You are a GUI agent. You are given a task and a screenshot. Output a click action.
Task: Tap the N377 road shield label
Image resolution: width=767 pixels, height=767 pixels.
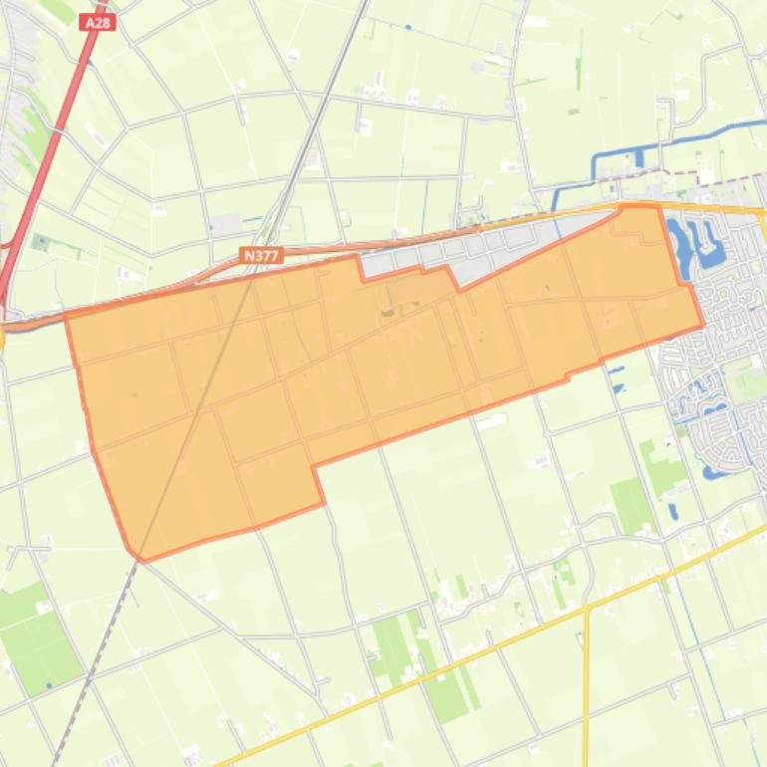pyautogui.click(x=261, y=256)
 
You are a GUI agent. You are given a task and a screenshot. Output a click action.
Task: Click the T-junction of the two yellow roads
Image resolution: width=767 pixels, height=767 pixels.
pyautogui.click(x=587, y=607)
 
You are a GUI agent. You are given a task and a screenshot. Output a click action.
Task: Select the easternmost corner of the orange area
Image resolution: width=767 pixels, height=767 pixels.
pyautogui.click(x=703, y=325)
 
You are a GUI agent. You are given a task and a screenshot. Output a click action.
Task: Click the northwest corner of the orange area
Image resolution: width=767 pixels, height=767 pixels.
pyautogui.click(x=66, y=315)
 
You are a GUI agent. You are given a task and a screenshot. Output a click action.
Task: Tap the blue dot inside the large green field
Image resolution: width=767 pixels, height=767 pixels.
pyautogui.click(x=49, y=685)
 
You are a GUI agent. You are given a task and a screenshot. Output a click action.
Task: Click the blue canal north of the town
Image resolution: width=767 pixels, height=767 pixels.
pyautogui.click(x=677, y=140)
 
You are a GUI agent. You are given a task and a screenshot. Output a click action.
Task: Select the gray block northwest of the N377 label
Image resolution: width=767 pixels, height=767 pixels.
pyautogui.click(x=226, y=225)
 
